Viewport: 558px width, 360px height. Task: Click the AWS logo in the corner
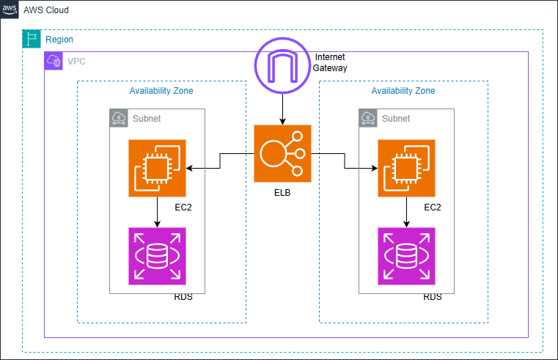(10, 10)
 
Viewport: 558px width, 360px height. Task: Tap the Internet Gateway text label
(330, 62)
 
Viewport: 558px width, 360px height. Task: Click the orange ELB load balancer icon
(282, 153)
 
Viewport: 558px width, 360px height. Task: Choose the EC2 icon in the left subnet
(158, 169)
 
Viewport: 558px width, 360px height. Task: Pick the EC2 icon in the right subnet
(407, 169)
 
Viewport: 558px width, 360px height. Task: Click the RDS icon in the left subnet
(158, 256)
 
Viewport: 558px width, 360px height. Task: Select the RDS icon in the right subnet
(407, 256)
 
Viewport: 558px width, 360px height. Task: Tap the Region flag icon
(32, 39)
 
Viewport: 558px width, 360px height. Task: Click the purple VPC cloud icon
(54, 61)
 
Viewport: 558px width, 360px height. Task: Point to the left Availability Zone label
(161, 91)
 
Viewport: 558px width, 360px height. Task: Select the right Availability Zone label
(403, 91)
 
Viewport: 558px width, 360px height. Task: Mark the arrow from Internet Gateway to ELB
(282, 110)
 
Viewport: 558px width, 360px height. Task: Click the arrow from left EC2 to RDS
(158, 213)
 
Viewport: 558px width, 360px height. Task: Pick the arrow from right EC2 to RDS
(407, 213)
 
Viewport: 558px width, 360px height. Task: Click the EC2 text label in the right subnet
(433, 207)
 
